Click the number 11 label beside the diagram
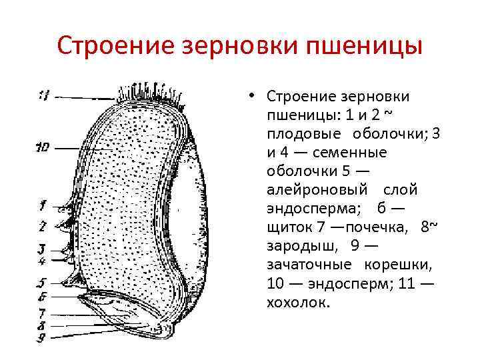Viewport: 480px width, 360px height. [x=43, y=95]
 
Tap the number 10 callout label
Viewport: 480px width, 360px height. [x=43, y=148]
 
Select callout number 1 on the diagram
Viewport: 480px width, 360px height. [x=42, y=205]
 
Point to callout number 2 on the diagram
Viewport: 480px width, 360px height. [x=42, y=226]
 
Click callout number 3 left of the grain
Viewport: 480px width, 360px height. [x=42, y=249]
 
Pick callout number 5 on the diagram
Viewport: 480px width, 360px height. [x=42, y=283]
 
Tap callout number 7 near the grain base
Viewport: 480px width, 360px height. [x=42, y=312]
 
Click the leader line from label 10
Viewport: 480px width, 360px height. [x=73, y=148]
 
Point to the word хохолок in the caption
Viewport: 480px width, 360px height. [x=297, y=303]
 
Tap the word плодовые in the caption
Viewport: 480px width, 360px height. [x=301, y=133]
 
